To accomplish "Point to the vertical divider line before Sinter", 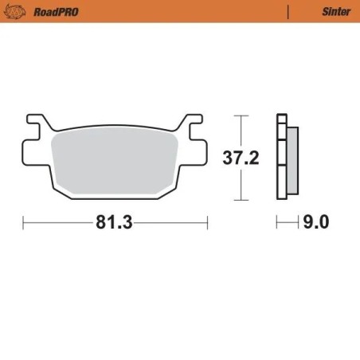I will click(287, 12).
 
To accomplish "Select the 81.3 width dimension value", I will click(114, 223).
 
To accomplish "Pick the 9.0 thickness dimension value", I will click(315, 223).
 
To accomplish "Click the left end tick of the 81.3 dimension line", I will click(23, 223).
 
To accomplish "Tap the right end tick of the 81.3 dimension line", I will click(207, 223).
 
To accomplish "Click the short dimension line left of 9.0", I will click(286, 223).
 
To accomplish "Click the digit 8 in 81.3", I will click(101, 223).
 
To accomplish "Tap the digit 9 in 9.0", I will click(307, 223).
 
